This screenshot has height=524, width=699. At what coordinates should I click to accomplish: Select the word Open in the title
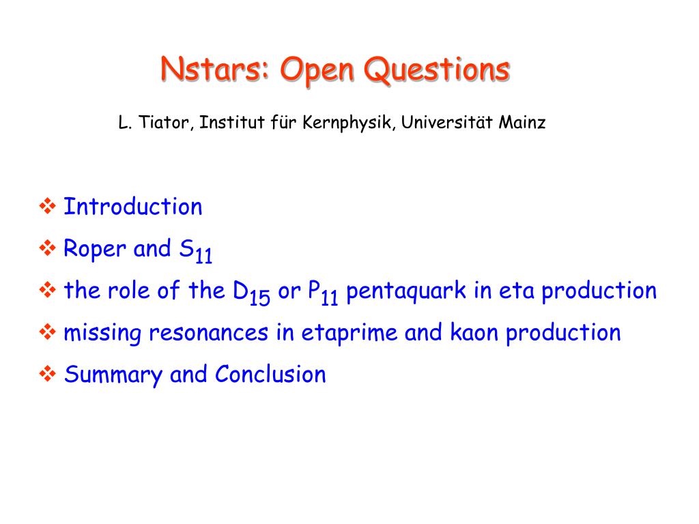click(317, 71)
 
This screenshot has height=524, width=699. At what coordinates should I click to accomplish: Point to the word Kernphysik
click(348, 123)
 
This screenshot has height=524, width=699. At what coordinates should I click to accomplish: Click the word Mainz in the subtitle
click(522, 122)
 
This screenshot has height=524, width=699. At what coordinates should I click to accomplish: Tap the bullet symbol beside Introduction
click(47, 206)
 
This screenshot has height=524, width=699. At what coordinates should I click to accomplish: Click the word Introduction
click(133, 206)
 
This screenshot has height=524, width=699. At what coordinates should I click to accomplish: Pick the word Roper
click(95, 249)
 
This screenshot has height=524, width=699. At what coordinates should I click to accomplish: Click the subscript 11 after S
click(203, 256)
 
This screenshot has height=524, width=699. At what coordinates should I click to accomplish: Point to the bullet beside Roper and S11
click(47, 248)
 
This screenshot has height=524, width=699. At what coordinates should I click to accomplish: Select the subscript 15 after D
click(259, 297)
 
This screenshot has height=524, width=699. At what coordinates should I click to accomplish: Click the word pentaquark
click(405, 291)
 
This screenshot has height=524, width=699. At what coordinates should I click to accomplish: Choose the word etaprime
click(349, 333)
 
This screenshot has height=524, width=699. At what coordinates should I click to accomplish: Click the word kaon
click(474, 332)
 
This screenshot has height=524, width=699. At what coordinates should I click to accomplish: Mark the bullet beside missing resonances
click(47, 332)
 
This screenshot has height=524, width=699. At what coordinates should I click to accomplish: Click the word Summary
click(113, 375)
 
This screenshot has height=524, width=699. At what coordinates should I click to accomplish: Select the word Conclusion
click(270, 374)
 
